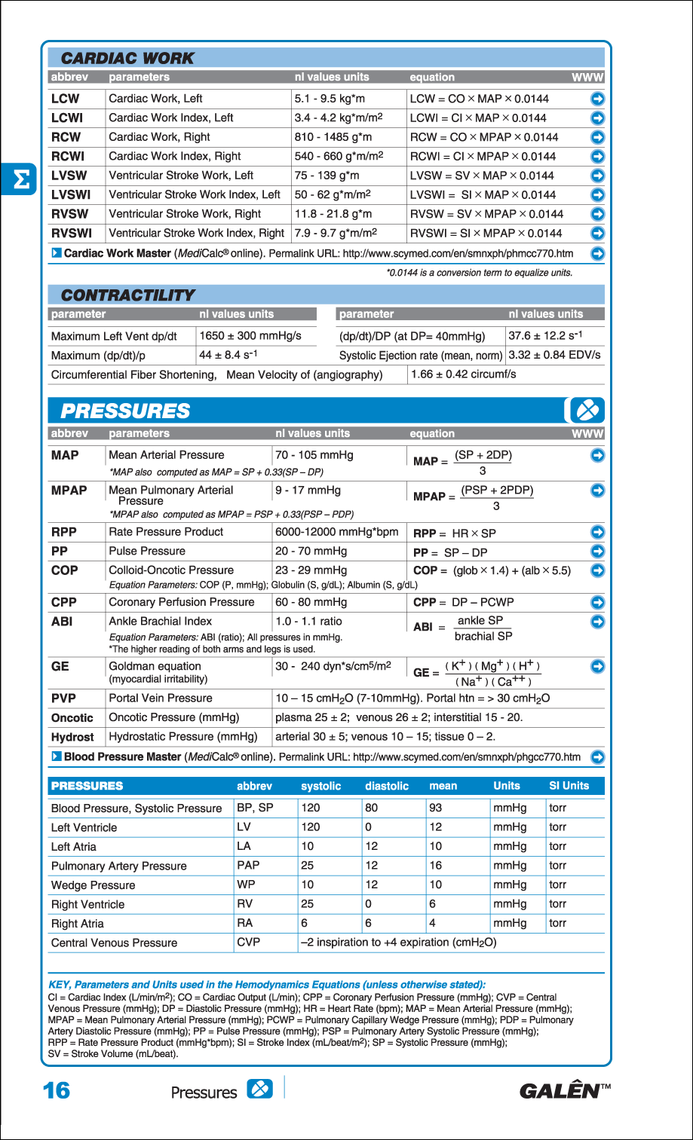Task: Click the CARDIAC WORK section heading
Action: click(127, 58)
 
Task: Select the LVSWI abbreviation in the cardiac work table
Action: click(71, 194)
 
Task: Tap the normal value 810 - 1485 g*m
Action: click(333, 137)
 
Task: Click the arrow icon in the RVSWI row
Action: click(597, 234)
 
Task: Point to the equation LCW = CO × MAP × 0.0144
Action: click(479, 99)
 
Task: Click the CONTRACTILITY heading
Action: click(127, 295)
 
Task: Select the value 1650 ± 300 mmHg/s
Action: click(250, 336)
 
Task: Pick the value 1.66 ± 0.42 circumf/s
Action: click(463, 374)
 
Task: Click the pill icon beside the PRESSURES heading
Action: click(586, 411)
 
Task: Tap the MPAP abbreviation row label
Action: click(69, 491)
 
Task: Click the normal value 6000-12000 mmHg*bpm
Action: click(336, 532)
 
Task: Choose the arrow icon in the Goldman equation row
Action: click(597, 666)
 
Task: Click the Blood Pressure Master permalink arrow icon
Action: click(597, 757)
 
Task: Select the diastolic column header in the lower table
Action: click(387, 786)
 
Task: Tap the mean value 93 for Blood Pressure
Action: click(436, 808)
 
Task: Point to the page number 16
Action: click(57, 1090)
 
